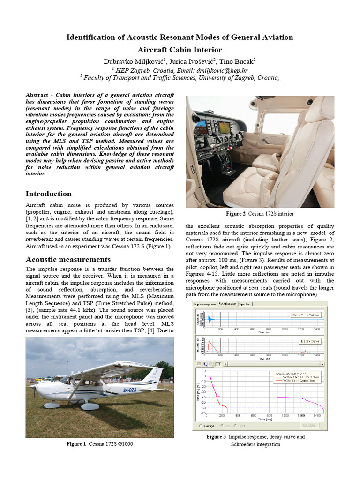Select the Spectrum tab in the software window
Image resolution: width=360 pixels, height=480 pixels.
point(246,304)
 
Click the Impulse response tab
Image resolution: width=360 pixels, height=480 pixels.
point(205,304)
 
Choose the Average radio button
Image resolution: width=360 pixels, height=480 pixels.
point(202,426)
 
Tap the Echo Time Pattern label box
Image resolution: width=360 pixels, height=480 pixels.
point(306,315)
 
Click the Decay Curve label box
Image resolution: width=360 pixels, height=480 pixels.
point(310,341)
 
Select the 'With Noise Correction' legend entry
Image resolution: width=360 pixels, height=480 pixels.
point(298,381)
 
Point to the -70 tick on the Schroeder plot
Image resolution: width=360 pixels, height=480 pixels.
point(203,413)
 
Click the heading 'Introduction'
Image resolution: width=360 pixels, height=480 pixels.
point(48,194)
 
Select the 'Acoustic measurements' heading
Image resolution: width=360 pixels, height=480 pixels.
point(68,259)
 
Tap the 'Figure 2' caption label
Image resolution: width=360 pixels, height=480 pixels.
point(236,214)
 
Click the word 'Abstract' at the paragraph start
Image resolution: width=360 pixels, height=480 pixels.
point(38,95)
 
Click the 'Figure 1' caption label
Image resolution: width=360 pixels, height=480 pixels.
point(76,443)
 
